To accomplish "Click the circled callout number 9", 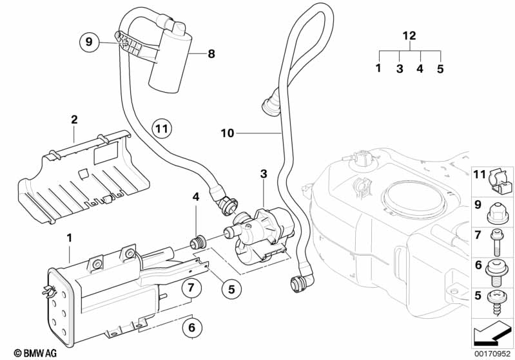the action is [x=89, y=43].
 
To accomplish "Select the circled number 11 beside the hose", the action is [x=162, y=128].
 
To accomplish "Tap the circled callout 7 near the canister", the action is [x=191, y=288].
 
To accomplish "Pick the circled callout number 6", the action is [x=191, y=327].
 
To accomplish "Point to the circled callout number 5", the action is [x=231, y=289].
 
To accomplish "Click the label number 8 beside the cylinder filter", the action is [x=211, y=53].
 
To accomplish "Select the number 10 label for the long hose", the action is [x=228, y=133].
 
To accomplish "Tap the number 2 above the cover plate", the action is [x=75, y=119].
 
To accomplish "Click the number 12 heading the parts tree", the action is [x=409, y=35].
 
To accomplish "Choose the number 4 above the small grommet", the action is [x=196, y=197].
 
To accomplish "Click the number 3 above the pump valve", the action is [x=264, y=174].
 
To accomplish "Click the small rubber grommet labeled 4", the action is [x=198, y=243].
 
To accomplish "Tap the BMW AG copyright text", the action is [x=35, y=353].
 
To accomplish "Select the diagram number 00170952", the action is [x=492, y=354].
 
